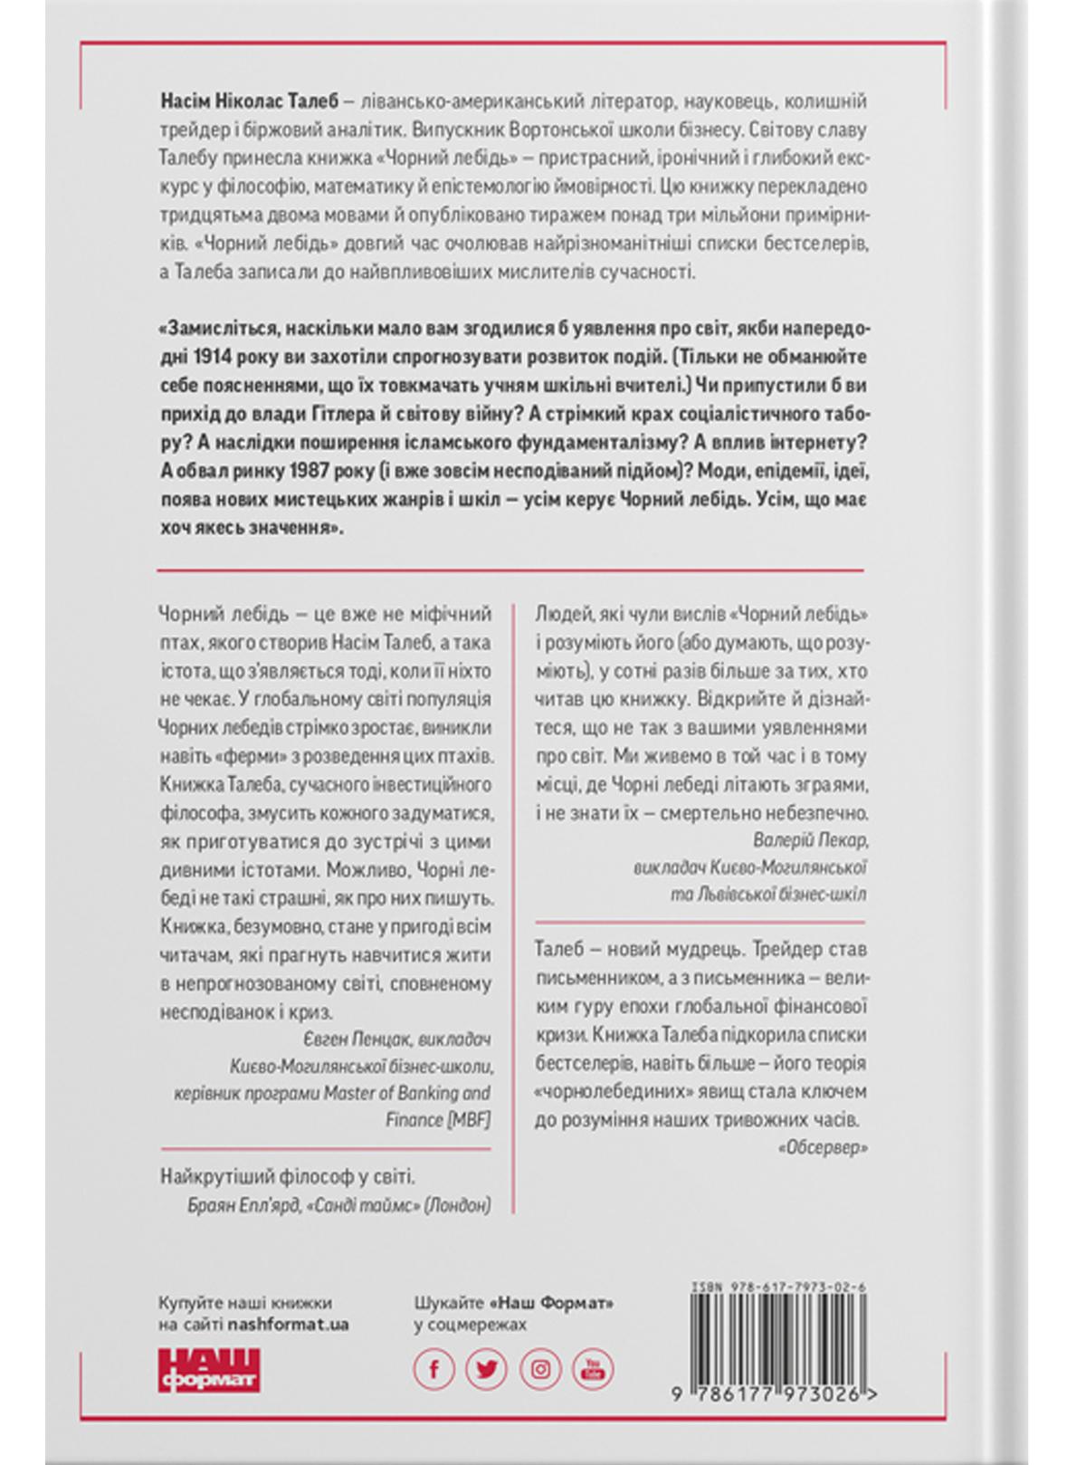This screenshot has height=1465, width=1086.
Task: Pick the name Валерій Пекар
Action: (x=811, y=840)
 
